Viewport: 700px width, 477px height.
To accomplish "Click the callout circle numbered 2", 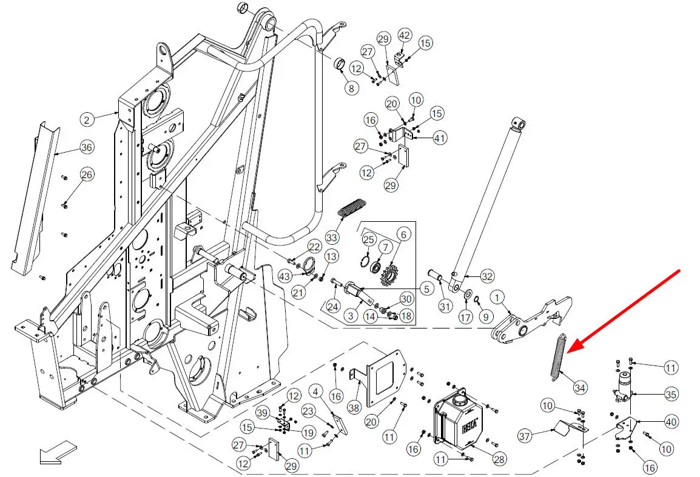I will tap(87, 120).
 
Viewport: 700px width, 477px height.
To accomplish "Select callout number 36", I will tap(87, 147).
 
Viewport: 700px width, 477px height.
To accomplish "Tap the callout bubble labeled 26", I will tap(87, 175).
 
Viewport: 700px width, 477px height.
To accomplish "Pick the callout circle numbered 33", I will tap(331, 235).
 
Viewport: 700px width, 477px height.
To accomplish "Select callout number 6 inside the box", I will tap(403, 234).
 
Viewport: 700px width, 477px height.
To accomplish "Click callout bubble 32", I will tap(488, 276).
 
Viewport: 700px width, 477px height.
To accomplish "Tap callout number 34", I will tap(581, 387).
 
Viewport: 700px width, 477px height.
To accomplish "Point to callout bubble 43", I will tap(285, 276).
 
